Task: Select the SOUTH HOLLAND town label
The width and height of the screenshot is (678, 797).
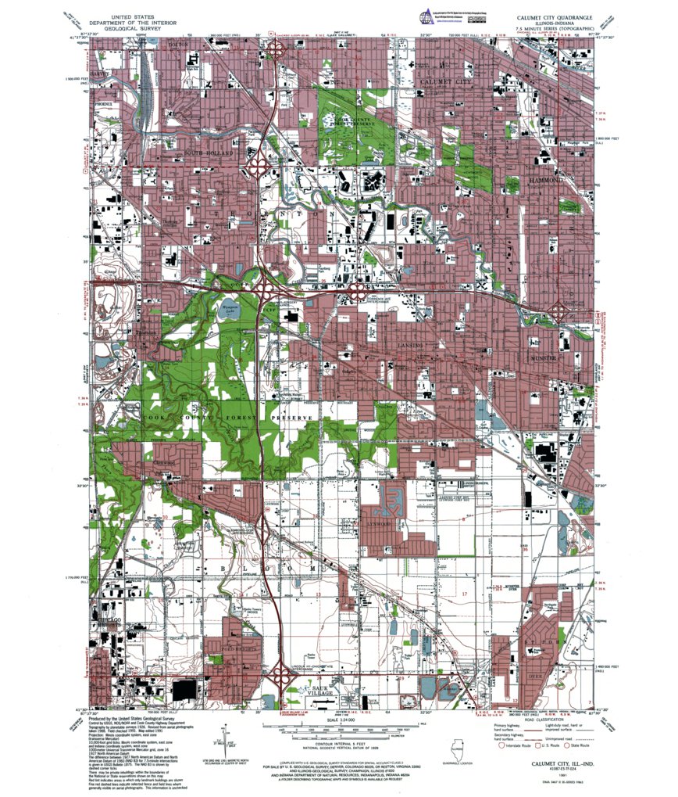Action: pyautogui.click(x=209, y=153)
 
